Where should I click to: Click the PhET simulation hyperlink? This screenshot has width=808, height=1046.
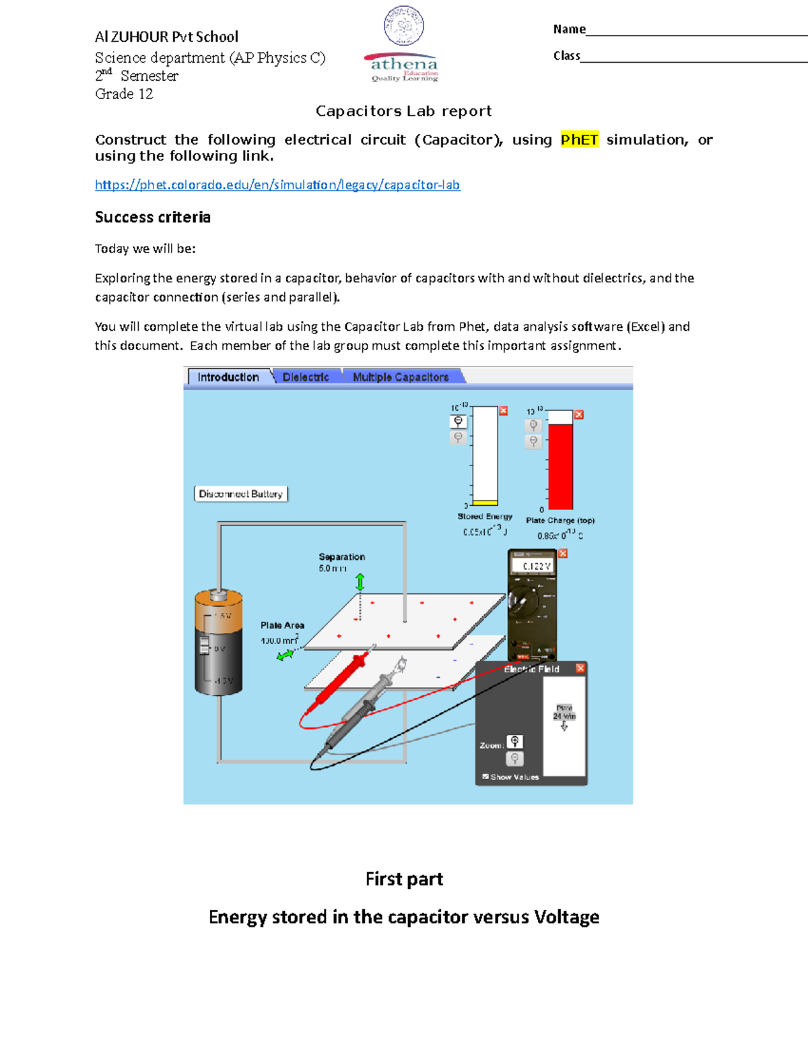tap(277, 185)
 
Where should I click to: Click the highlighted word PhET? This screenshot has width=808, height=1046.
tap(579, 139)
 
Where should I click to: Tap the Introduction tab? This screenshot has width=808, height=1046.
tap(228, 377)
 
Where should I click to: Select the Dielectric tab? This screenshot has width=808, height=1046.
tap(306, 377)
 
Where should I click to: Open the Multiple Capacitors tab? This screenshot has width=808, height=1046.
tap(401, 377)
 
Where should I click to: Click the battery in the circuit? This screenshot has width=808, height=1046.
tap(218, 643)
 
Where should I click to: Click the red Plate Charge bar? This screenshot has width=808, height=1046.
tap(560, 466)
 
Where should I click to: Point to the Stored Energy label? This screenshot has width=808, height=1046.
tap(485, 517)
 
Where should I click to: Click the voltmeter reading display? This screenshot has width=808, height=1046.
tap(532, 566)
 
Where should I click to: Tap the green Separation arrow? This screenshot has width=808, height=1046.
tap(360, 582)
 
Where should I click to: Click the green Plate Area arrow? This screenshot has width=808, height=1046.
tap(285, 654)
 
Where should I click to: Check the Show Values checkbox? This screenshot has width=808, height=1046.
tap(485, 777)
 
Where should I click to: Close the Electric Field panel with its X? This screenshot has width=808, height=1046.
tap(580, 668)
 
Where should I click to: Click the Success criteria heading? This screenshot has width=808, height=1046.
tap(153, 217)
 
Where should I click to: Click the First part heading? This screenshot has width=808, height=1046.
tap(404, 879)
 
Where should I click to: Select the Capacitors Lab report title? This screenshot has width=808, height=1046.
tap(404, 111)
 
